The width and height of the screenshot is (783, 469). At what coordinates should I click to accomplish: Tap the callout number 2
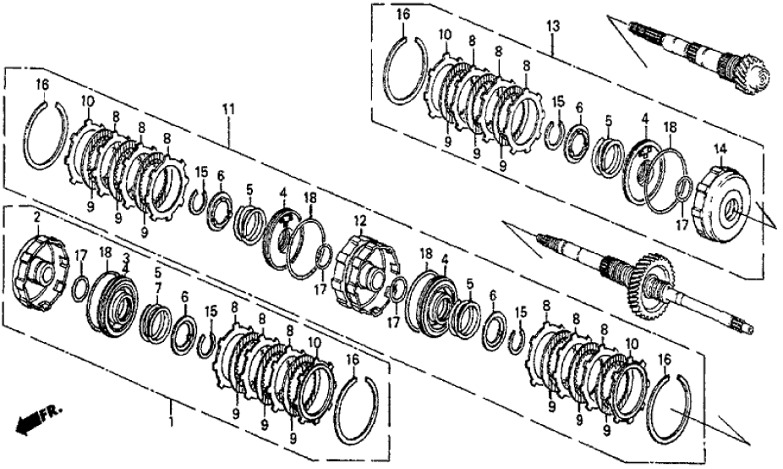click(36, 217)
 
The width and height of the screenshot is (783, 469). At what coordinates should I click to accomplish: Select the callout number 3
click(126, 258)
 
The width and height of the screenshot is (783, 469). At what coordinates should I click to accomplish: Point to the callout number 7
click(158, 288)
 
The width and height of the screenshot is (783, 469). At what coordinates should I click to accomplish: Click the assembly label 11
click(228, 109)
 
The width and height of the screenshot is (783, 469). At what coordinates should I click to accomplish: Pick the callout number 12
click(360, 220)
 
